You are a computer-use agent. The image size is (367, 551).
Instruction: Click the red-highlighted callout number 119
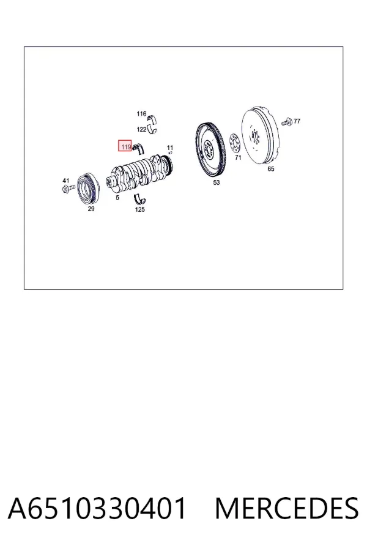125,146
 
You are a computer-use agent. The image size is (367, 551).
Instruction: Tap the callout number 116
141,113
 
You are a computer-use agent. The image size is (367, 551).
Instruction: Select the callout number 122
141,129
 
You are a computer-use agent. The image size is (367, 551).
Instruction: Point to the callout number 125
140,209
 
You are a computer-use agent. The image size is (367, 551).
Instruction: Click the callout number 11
170,148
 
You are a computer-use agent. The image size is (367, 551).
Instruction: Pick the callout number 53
217,182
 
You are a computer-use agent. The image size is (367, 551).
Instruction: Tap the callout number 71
238,157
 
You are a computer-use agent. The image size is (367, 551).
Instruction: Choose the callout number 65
271,169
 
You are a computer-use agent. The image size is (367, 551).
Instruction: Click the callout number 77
297,121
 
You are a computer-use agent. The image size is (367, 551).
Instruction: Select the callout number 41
65,181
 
